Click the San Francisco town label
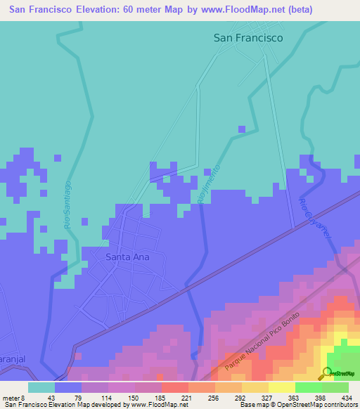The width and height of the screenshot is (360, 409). click(248, 39)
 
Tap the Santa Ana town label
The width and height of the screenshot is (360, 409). click(127, 257)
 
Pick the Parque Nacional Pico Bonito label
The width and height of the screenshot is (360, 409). click(263, 342)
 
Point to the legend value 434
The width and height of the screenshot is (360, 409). click(345, 398)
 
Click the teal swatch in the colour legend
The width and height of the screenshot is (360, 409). click(41, 387)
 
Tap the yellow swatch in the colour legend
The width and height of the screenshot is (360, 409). click(281, 387)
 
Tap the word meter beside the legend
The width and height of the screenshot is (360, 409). click(11, 398)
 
